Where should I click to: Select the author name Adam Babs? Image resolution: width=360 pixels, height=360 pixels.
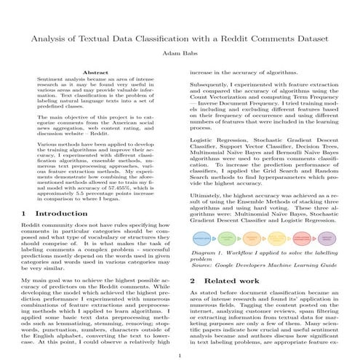click(179, 53)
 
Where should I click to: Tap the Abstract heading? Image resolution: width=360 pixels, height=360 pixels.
click(96, 73)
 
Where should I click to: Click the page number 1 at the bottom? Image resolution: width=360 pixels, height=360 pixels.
click(180, 354)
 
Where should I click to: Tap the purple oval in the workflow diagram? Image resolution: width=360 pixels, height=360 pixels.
click(327, 238)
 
